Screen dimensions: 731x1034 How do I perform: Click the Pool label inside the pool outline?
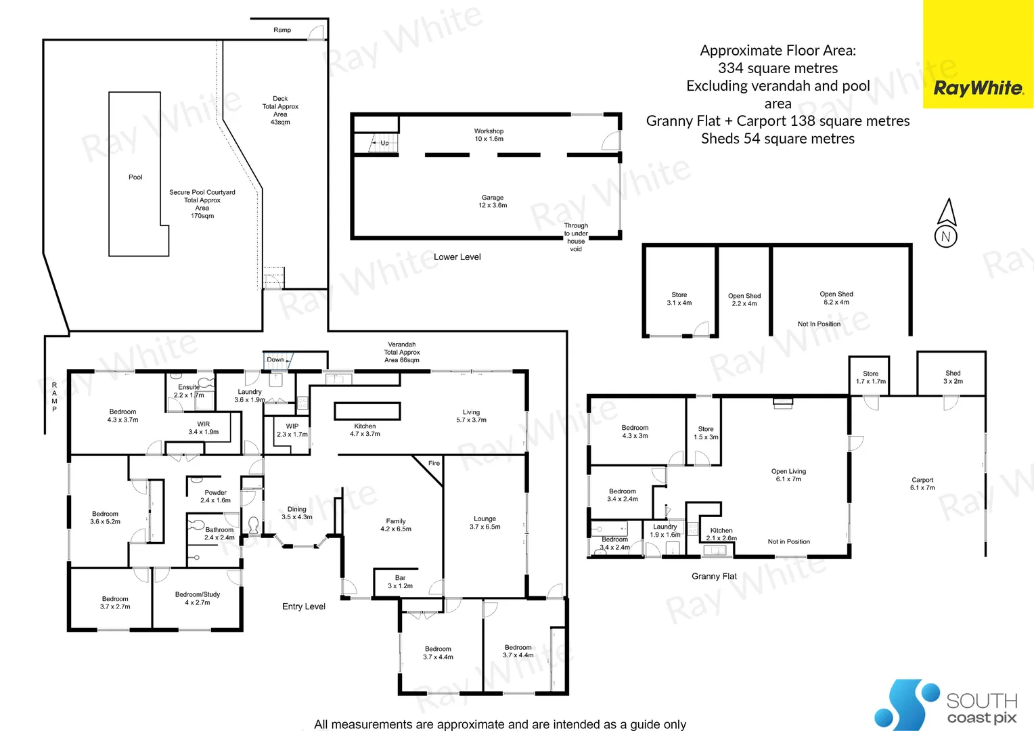(135, 177)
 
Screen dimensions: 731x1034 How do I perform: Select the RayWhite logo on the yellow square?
(978, 88)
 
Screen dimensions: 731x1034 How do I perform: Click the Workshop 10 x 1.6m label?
(489, 135)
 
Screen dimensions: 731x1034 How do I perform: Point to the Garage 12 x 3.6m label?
(493, 201)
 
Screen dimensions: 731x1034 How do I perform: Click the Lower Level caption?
(457, 257)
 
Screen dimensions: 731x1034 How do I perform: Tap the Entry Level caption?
(304, 606)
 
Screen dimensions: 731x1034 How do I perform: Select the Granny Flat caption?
(714, 577)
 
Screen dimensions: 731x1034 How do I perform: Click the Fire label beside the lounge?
(434, 464)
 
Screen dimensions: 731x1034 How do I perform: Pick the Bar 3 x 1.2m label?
(400, 582)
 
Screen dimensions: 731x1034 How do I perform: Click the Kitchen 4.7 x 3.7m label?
(365, 430)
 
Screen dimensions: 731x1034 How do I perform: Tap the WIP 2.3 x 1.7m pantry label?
(292, 430)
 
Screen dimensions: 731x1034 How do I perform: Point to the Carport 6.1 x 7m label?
(922, 483)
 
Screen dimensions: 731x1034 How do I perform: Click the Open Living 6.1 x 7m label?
(788, 475)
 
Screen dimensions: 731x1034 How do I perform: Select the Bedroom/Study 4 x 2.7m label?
(198, 598)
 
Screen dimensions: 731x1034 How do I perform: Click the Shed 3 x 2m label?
(953, 377)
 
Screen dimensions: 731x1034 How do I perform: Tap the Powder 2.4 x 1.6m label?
(215, 496)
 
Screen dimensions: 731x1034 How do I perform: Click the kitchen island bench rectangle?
(367, 411)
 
